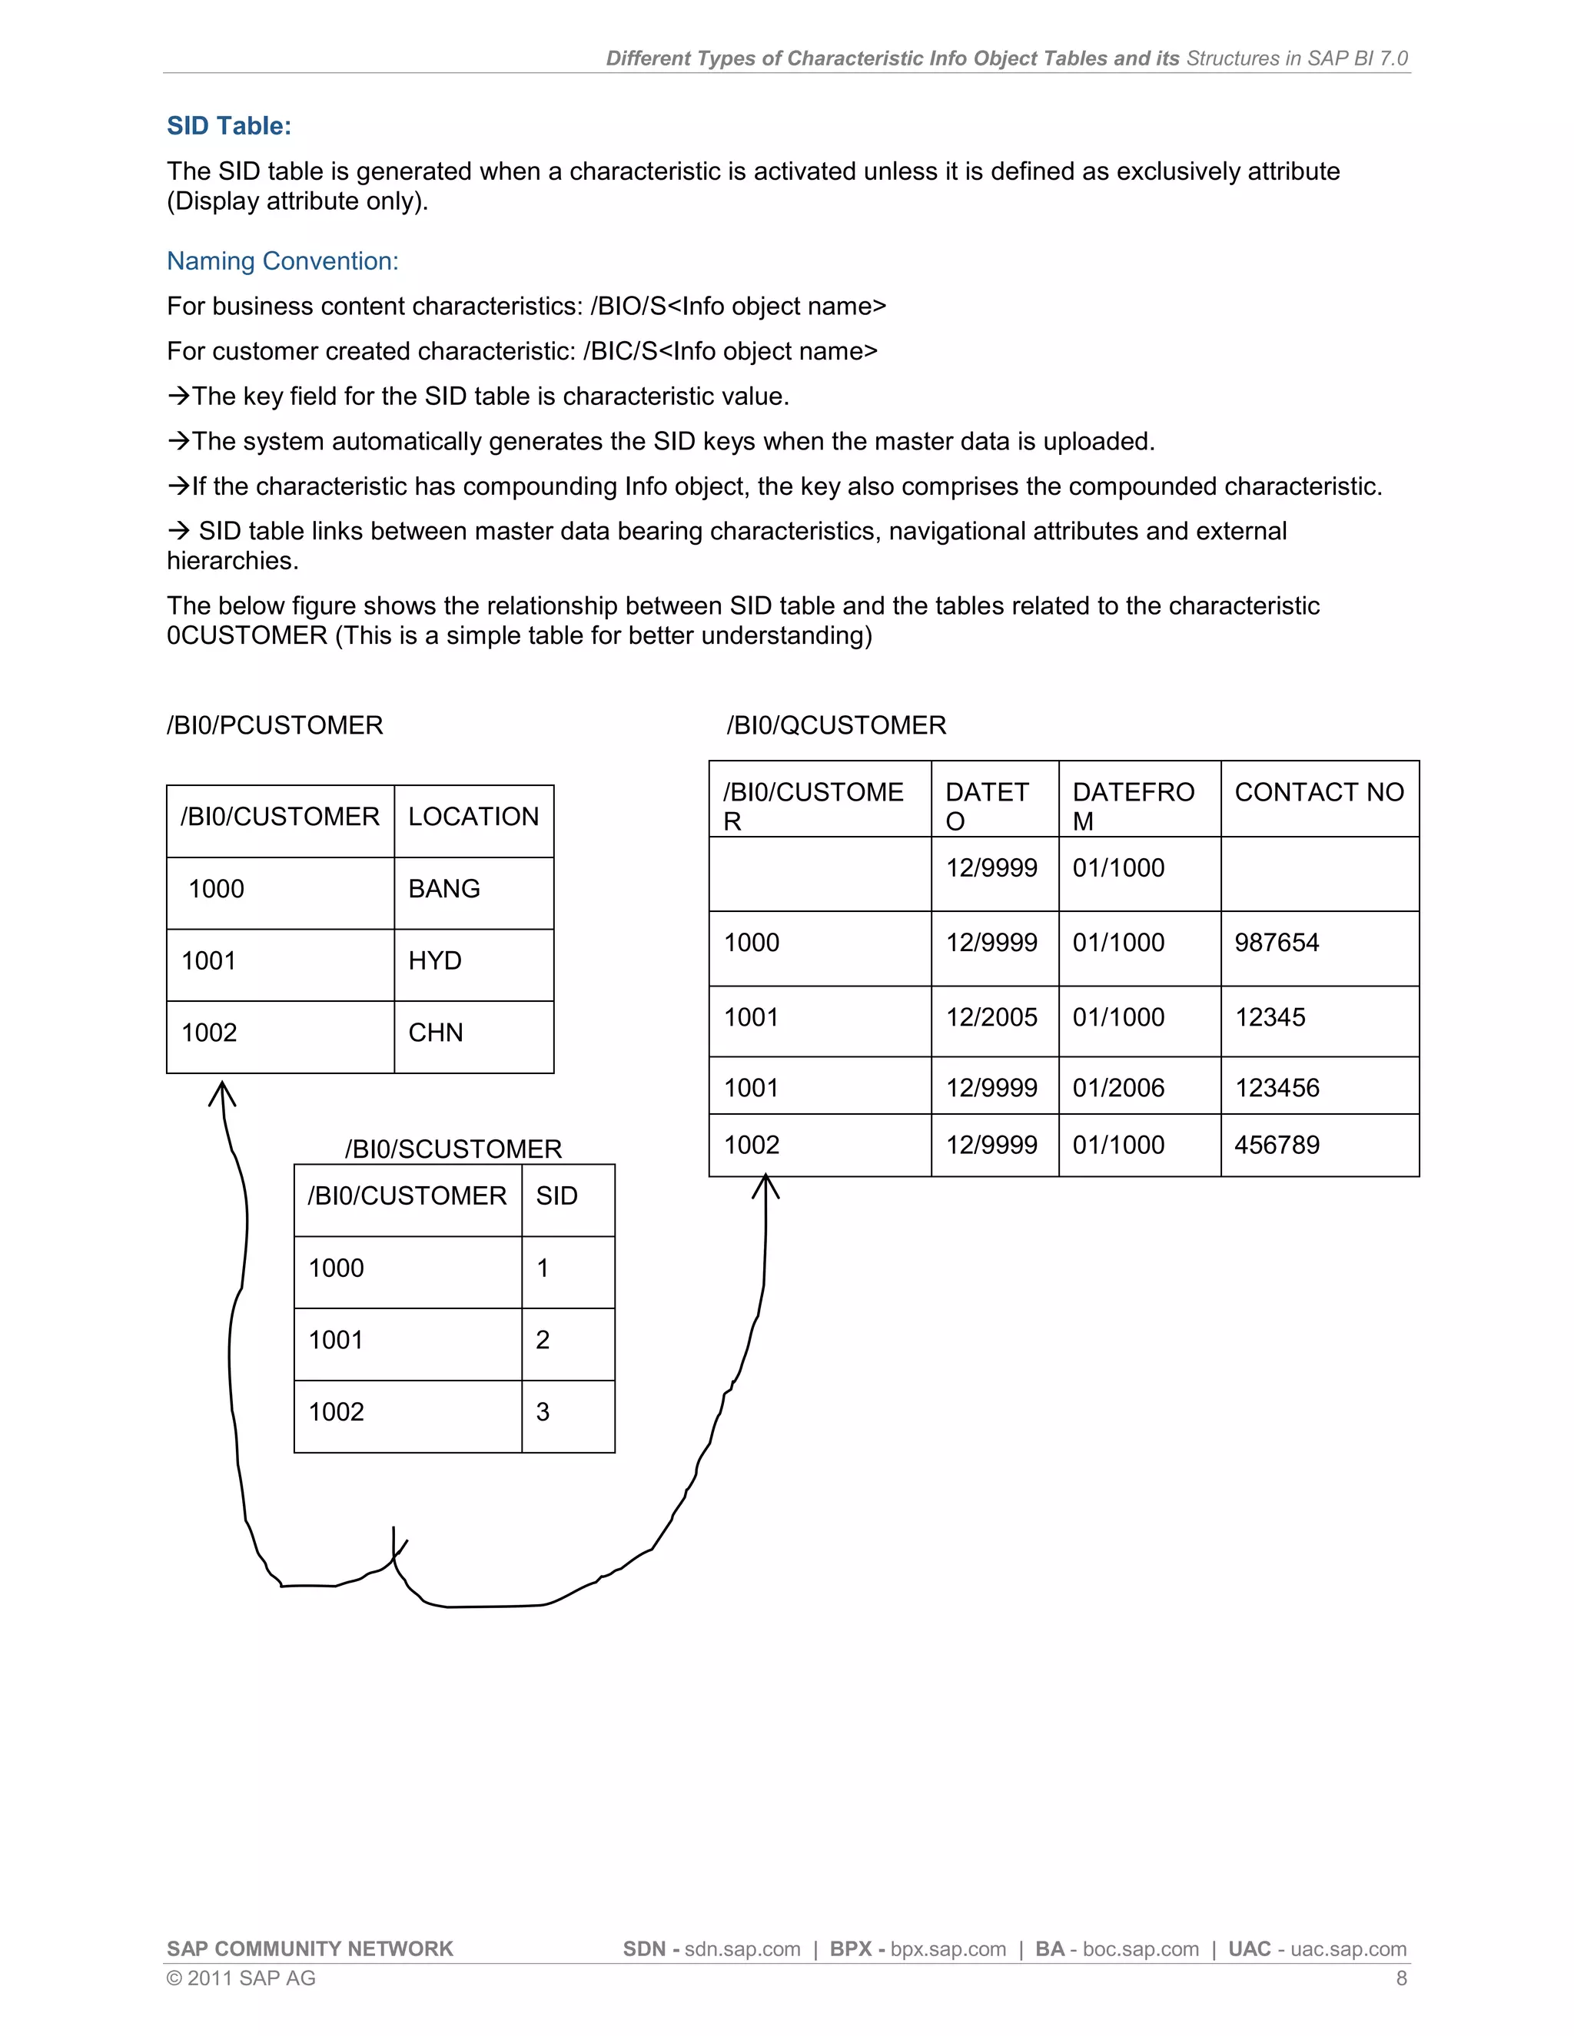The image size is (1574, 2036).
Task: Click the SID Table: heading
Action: click(228, 126)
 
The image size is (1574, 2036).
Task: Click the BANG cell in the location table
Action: click(444, 888)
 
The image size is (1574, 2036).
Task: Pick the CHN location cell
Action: click(436, 1032)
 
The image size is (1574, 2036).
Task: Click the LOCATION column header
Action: click(473, 817)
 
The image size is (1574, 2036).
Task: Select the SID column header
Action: click(556, 1196)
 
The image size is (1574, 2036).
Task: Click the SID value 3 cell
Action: click(543, 1411)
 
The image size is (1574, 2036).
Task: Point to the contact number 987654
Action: click(1277, 943)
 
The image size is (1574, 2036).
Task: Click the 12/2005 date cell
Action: click(991, 1017)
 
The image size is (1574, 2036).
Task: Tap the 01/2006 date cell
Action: click(1118, 1088)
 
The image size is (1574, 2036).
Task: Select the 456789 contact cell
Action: click(1277, 1145)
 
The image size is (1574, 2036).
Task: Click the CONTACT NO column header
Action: click(1319, 792)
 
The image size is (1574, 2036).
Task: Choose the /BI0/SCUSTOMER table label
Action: click(453, 1149)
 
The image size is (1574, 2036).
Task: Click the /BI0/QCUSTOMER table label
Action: click(836, 725)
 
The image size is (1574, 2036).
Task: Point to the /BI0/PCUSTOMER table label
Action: click(275, 725)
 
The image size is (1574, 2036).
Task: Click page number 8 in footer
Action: click(1400, 1978)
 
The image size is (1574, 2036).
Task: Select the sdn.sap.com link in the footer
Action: click(742, 1949)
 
